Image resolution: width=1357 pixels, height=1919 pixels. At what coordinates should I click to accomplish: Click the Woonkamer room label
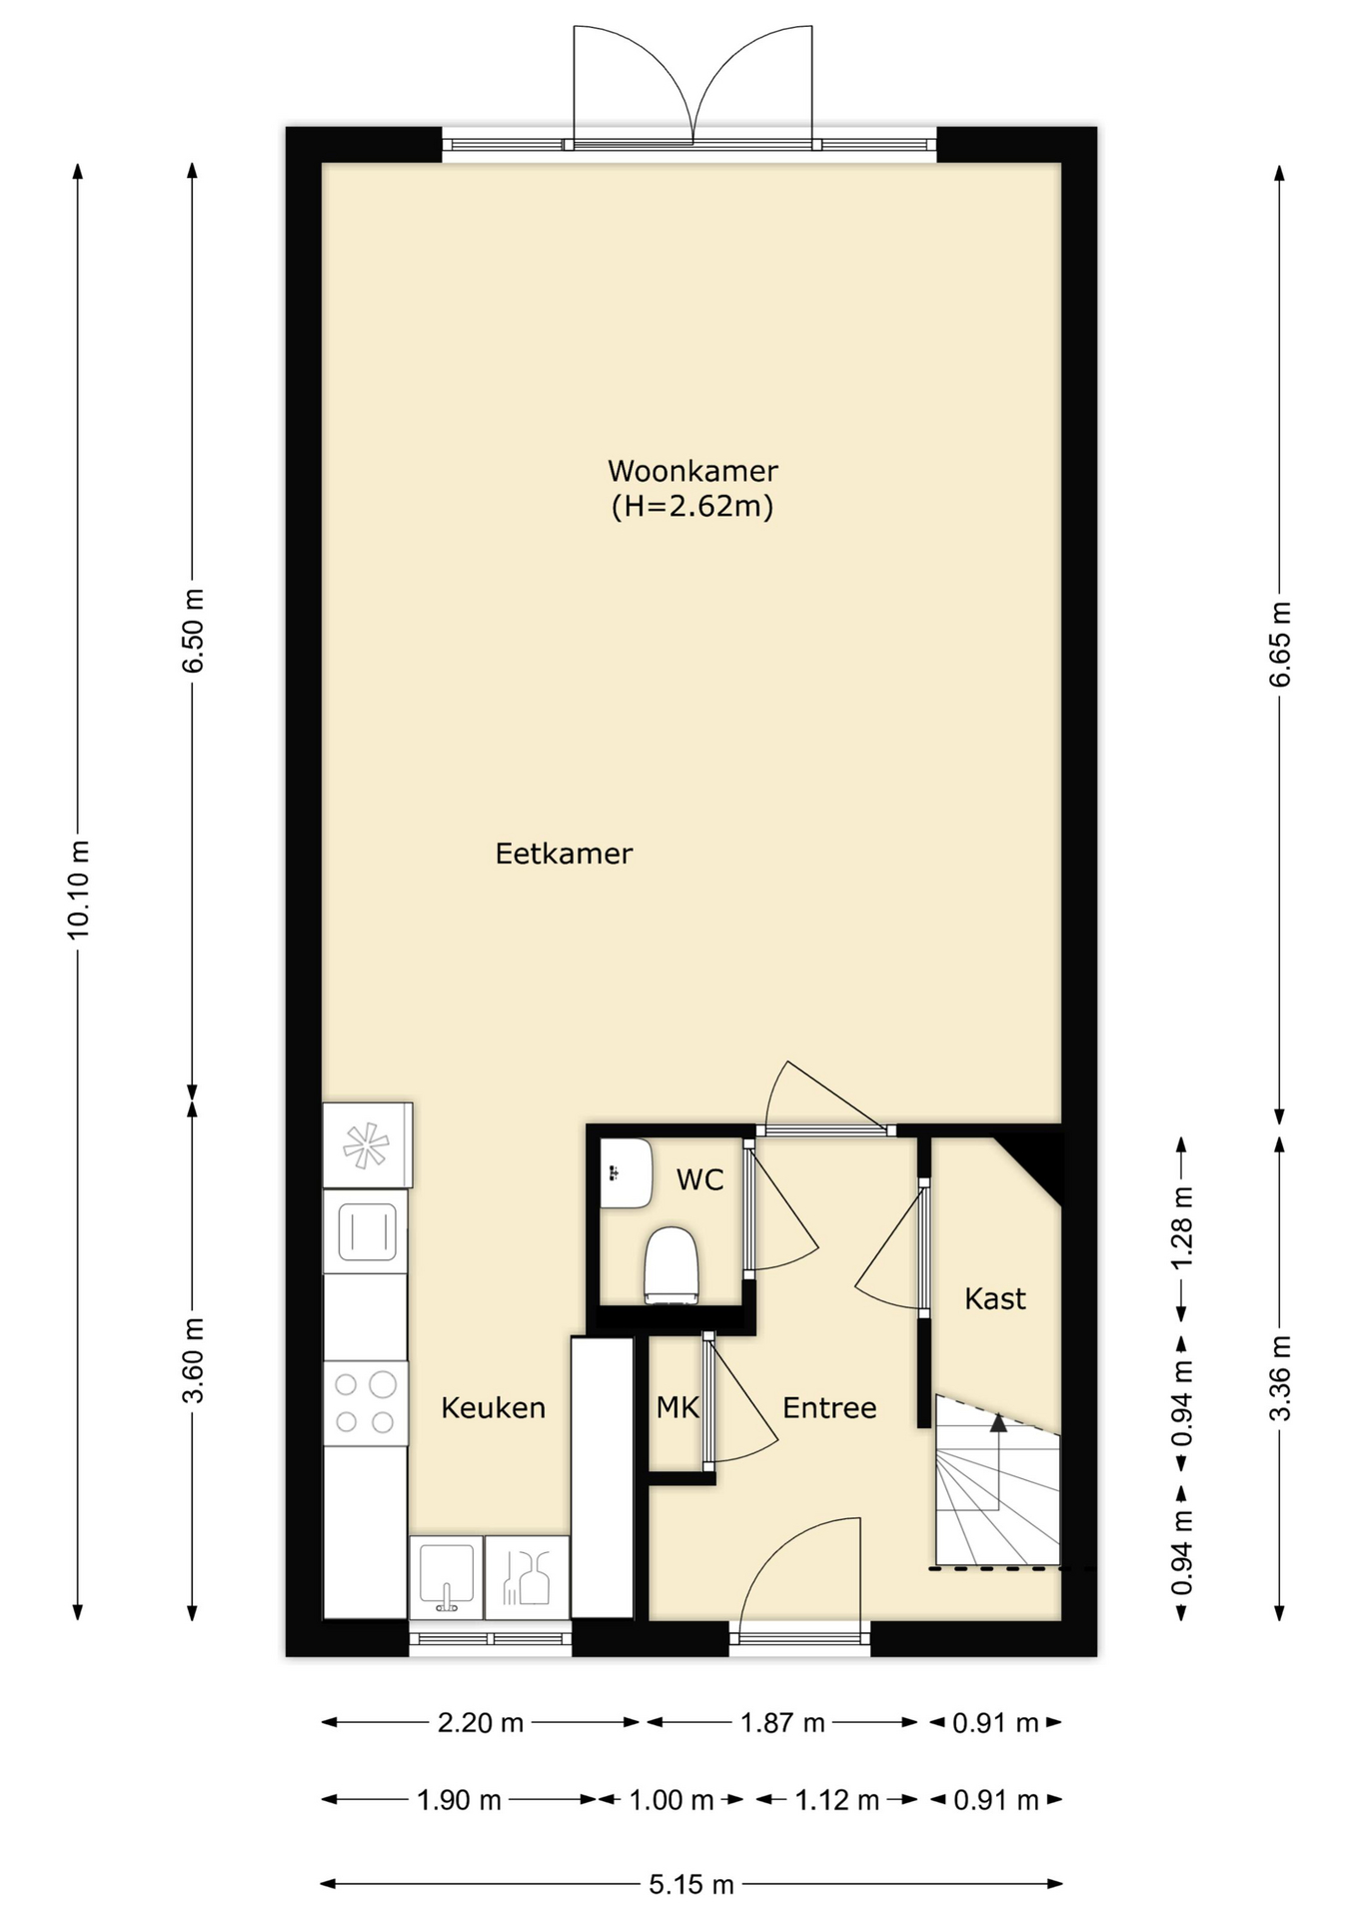(x=692, y=470)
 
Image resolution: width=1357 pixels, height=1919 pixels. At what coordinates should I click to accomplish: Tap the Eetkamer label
(x=564, y=854)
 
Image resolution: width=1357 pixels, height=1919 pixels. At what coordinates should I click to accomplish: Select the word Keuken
(x=494, y=1407)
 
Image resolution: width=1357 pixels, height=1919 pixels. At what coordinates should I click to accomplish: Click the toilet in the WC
(x=671, y=1265)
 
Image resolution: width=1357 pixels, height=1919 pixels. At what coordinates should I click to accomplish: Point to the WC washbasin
(x=626, y=1173)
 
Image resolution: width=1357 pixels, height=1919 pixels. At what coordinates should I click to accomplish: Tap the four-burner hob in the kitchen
(x=366, y=1402)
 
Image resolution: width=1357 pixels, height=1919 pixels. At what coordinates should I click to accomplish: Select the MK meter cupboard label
(x=677, y=1407)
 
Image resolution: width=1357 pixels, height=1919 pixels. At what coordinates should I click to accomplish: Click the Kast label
(x=995, y=1298)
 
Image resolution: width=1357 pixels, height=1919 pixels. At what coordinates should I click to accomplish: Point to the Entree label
(x=829, y=1407)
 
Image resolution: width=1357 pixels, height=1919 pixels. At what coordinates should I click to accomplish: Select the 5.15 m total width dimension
(x=691, y=1884)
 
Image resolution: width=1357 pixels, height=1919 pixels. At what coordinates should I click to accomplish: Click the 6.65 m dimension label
(x=1279, y=645)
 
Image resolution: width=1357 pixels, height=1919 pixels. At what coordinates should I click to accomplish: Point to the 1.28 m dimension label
(x=1181, y=1227)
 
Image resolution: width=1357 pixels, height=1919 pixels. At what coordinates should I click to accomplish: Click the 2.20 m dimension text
(x=481, y=1722)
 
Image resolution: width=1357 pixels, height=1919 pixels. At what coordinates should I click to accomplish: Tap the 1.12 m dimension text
(x=837, y=1800)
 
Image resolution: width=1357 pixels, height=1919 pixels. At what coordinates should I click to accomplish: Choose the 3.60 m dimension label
(x=193, y=1360)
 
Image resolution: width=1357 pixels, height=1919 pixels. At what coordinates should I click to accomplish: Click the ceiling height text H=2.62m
(x=692, y=506)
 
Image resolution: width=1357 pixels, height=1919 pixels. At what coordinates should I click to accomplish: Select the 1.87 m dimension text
(x=782, y=1722)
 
